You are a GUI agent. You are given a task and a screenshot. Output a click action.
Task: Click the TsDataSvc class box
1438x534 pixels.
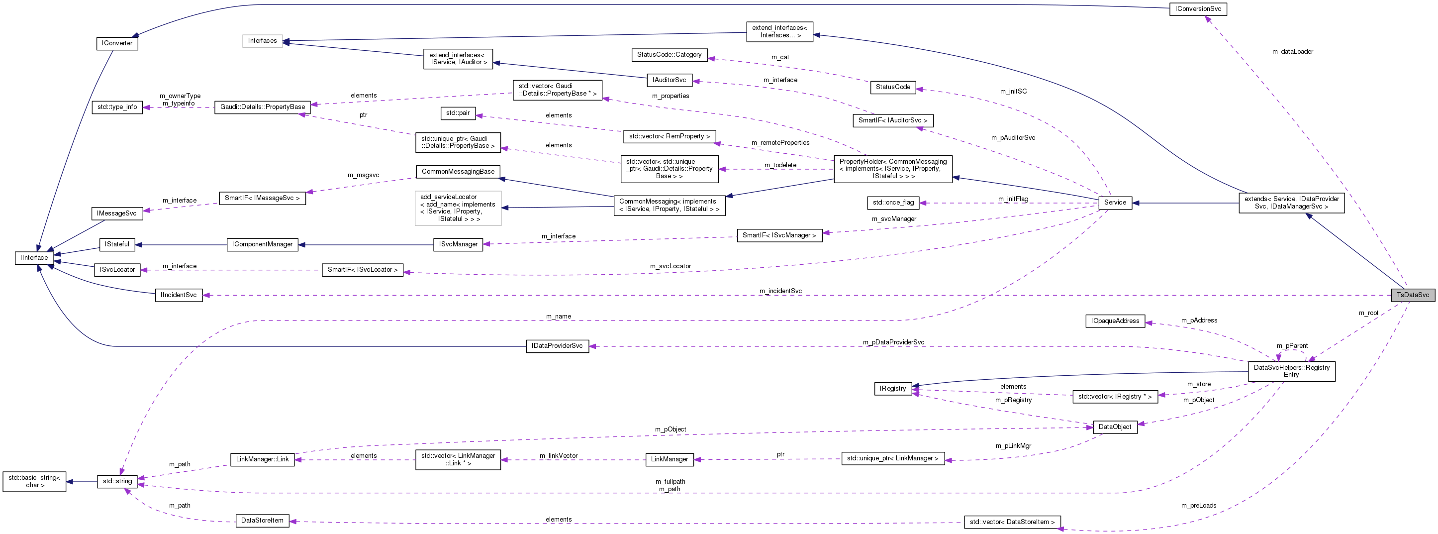point(1412,295)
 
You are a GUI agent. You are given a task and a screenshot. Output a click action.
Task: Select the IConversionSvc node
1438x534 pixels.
point(1198,9)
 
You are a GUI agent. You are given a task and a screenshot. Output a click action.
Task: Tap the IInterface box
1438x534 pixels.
point(34,257)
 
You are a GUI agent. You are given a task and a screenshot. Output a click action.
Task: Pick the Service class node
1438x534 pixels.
point(1115,202)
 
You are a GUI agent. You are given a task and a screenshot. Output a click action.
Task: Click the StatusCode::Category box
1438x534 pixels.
point(669,55)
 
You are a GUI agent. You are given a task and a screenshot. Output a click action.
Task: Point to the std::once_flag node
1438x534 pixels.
point(893,202)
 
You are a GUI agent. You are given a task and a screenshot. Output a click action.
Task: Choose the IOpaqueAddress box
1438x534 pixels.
point(1115,320)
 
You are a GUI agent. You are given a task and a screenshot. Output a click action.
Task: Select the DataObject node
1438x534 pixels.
point(1115,427)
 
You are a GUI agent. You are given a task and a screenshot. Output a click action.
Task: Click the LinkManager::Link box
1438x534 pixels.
point(262,459)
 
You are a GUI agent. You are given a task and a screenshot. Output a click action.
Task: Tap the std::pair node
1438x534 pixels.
point(458,113)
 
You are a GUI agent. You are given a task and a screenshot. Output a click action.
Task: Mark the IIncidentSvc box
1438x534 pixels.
point(179,295)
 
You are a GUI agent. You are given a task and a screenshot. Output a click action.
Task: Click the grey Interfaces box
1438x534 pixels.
point(262,41)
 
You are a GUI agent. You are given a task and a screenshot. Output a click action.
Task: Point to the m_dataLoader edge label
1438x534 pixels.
point(1292,51)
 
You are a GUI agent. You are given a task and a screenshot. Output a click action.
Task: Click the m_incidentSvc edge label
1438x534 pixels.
point(780,291)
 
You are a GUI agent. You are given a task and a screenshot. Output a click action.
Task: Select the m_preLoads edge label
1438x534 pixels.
point(1199,506)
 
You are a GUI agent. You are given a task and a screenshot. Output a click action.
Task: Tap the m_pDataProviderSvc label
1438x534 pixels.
point(893,342)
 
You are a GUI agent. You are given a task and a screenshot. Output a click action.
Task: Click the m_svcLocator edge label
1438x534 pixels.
point(670,266)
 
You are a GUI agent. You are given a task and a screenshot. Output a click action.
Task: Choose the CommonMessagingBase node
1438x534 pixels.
point(458,172)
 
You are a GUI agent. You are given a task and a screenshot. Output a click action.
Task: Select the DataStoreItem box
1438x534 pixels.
point(262,521)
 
